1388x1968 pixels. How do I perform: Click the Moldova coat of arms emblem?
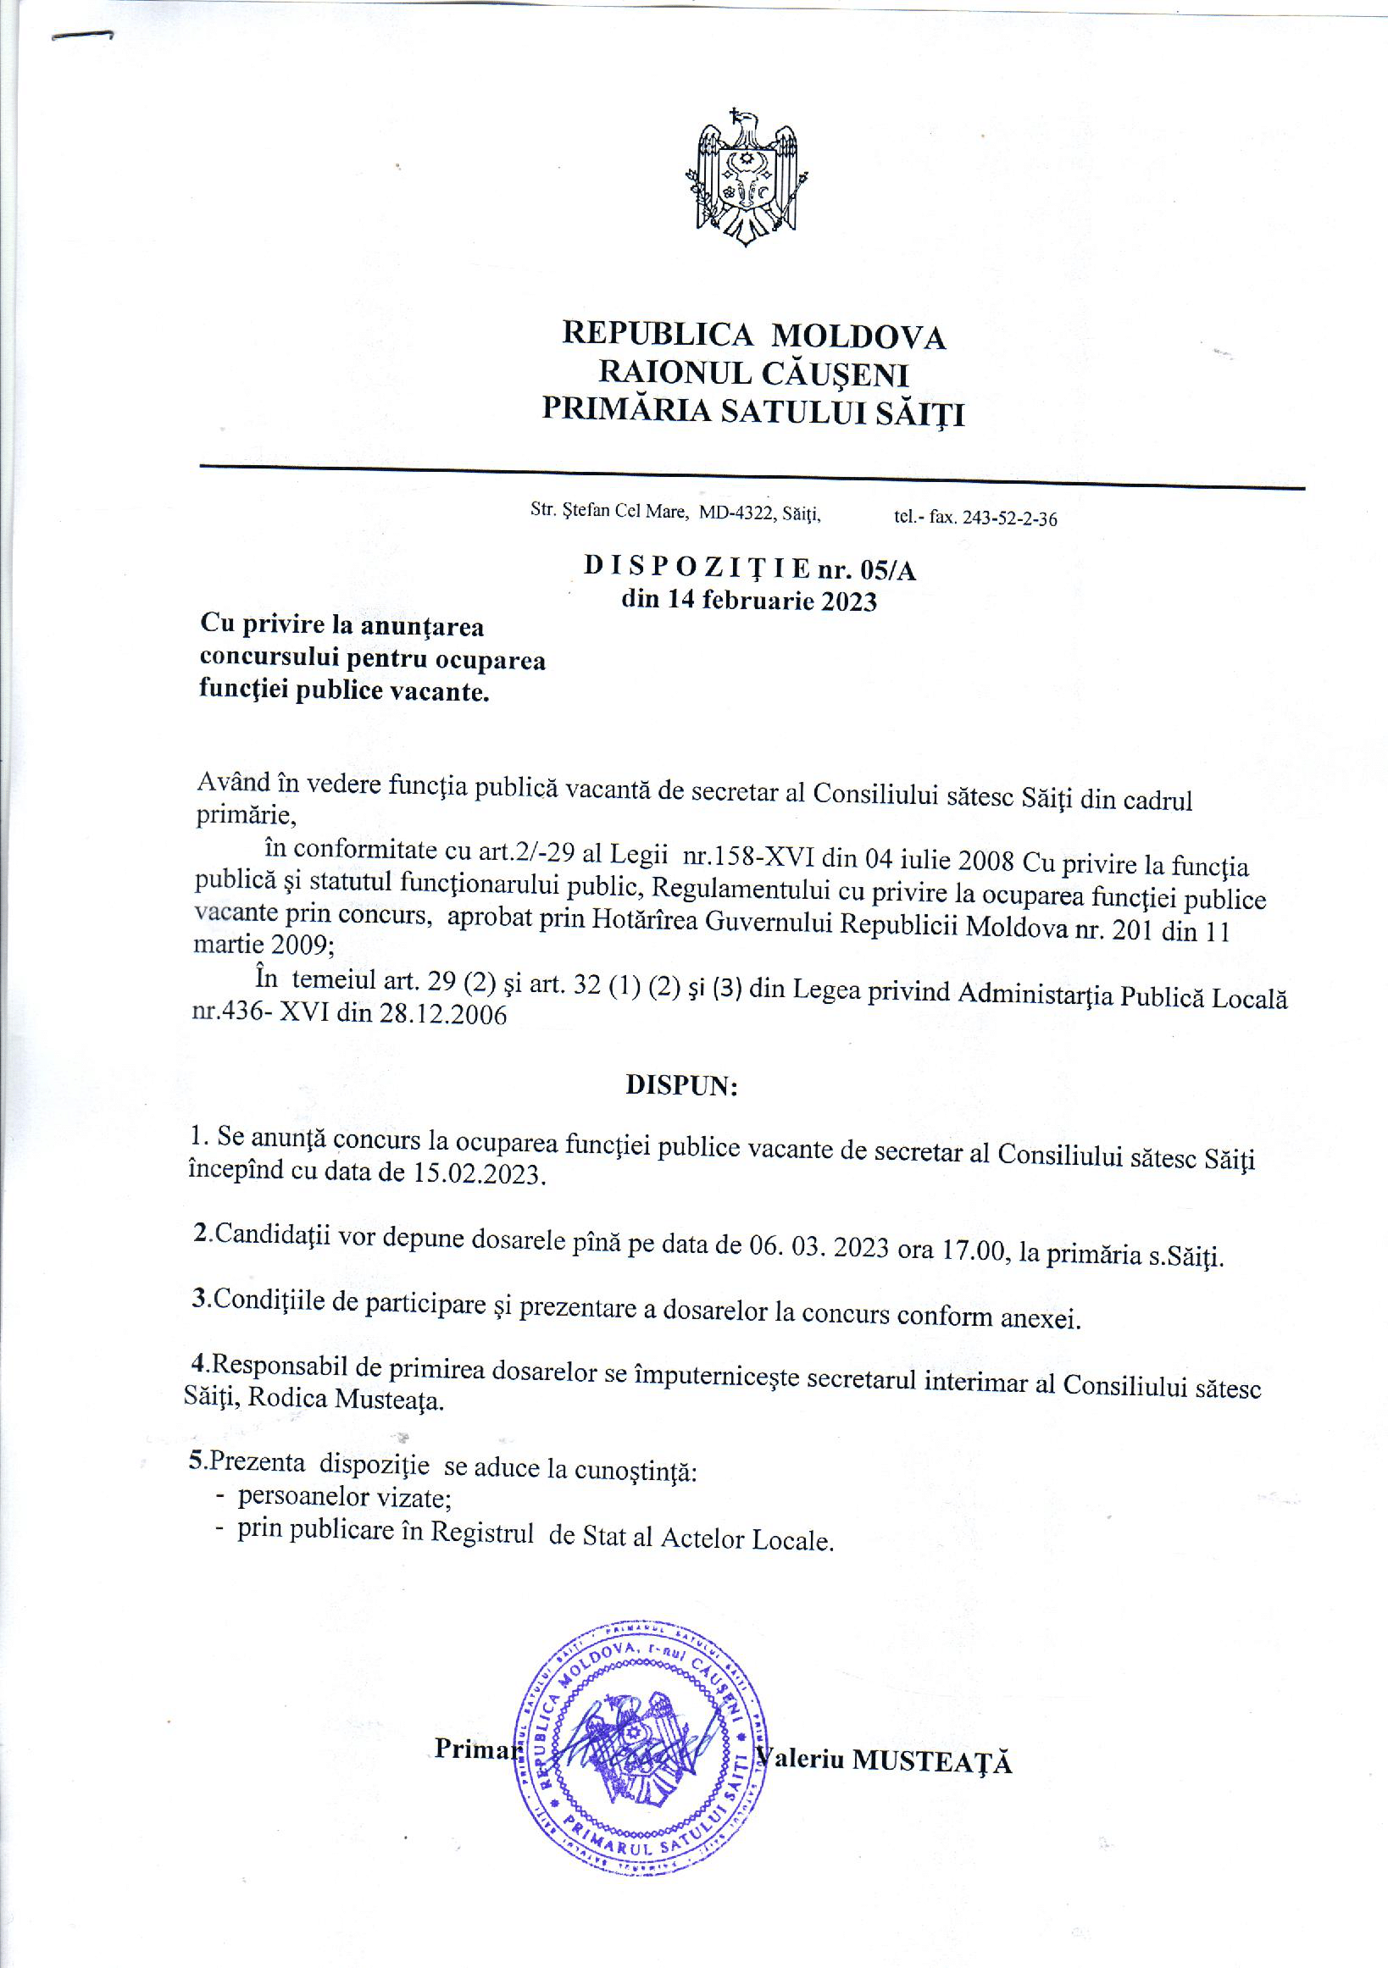point(747,177)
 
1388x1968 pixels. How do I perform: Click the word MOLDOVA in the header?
point(858,337)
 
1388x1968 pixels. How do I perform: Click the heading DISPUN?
point(681,1086)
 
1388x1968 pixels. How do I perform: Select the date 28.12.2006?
point(442,1016)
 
